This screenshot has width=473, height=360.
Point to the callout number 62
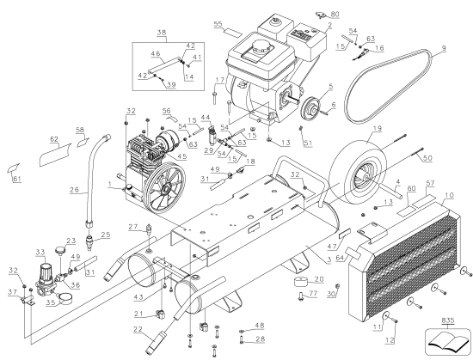coord(53,137)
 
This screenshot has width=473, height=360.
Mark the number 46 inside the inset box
coord(156,54)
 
